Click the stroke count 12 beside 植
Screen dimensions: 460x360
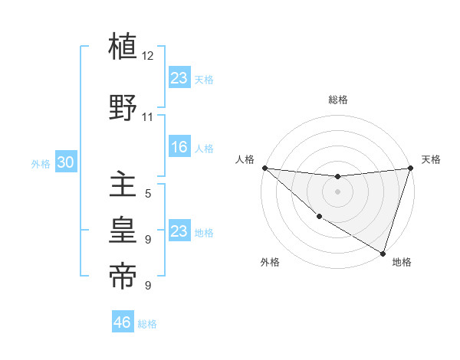click(148, 56)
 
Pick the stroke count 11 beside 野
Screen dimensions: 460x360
click(148, 117)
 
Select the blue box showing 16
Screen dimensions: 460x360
click(179, 147)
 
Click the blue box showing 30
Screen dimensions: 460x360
click(65, 162)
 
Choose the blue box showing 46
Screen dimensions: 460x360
click(123, 322)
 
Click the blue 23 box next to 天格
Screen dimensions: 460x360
click(179, 77)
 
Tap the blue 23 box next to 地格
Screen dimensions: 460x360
click(179, 231)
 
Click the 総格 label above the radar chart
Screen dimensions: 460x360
click(338, 100)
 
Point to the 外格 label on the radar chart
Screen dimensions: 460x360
click(270, 262)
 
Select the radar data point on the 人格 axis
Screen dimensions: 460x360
click(264, 168)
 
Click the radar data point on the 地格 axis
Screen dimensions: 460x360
click(383, 253)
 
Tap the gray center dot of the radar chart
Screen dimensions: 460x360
click(337, 191)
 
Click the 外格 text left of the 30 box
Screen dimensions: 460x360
click(41, 163)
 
